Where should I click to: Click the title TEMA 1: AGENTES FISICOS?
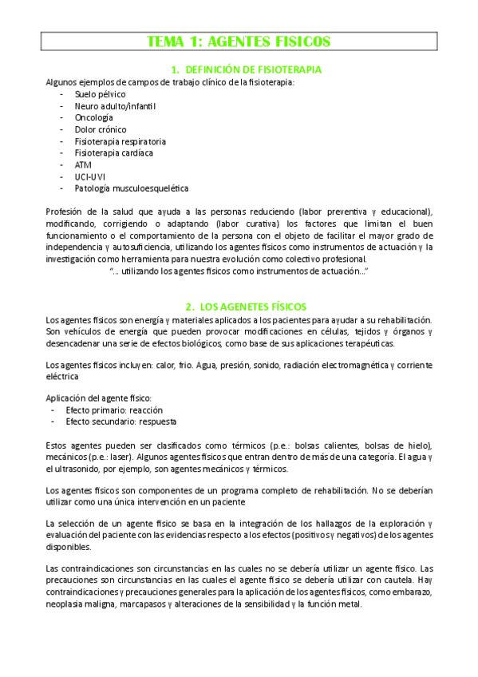pos(239,42)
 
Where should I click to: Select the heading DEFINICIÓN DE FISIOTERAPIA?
pos(246,69)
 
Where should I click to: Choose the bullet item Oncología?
pos(93,117)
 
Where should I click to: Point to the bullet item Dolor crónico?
pos(100,129)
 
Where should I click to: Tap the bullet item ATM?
pos(83,164)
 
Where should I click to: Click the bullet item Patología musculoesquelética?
pos(132,188)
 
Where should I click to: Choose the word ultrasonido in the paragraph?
pos(85,469)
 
